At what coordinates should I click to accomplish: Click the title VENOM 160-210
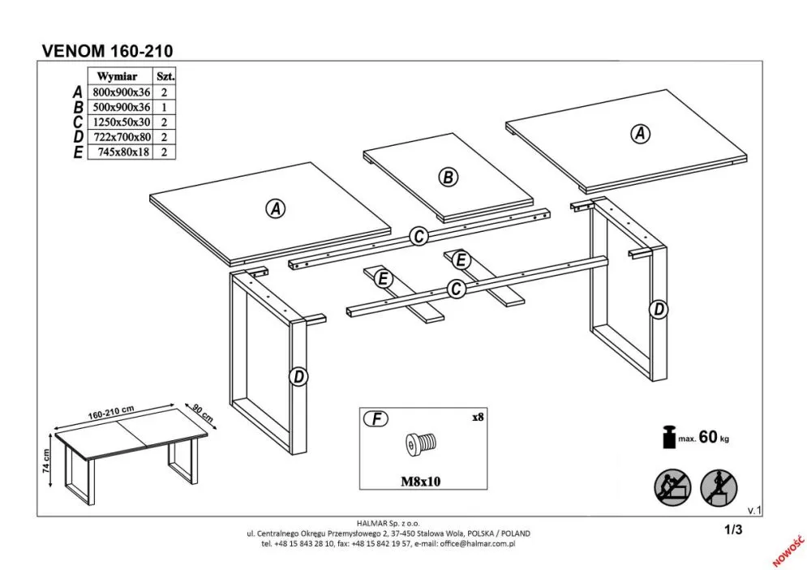click(x=106, y=50)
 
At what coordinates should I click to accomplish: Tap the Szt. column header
click(x=165, y=76)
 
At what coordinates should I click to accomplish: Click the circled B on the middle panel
click(x=447, y=177)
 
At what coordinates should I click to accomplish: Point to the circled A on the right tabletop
click(x=641, y=134)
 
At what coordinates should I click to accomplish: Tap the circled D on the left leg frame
click(x=299, y=376)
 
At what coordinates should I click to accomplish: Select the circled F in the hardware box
click(x=376, y=419)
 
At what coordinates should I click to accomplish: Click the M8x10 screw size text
click(x=420, y=481)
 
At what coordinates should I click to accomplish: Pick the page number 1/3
click(x=733, y=530)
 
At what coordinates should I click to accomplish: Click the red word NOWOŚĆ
click(x=784, y=549)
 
